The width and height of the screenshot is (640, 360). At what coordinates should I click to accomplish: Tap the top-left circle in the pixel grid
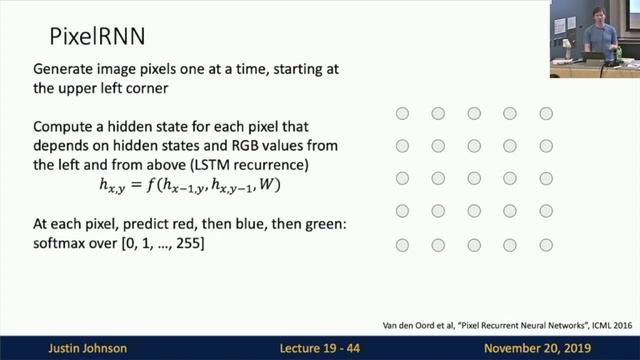coord(402,114)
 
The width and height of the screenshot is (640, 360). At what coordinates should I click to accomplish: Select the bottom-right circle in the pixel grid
coord(546,245)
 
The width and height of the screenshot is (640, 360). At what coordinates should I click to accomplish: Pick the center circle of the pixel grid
coord(474,179)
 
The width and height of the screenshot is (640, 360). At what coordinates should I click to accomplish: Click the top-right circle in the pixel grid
coord(546,114)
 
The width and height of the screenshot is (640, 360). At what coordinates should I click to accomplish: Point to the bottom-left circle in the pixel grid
coord(402,245)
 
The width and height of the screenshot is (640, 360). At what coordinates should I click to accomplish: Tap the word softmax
coord(61,244)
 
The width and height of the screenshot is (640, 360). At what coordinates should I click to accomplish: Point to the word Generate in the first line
coord(66,70)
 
